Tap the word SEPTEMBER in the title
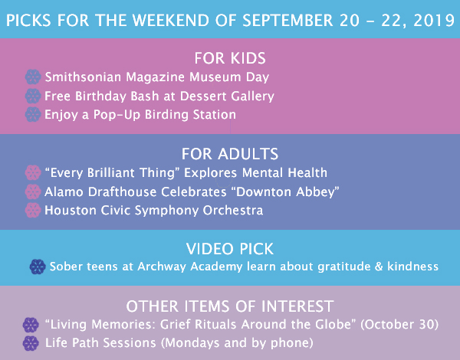[x=287, y=21]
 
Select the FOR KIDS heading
[x=230, y=58]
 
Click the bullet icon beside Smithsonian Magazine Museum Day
[x=33, y=77]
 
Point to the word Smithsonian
[x=83, y=77]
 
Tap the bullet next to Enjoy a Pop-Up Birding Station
[x=33, y=114]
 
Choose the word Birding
[x=166, y=115]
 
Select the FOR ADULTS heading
[x=230, y=154]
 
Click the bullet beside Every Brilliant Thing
[x=33, y=172]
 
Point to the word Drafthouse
[x=122, y=191]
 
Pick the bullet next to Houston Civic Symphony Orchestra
[x=33, y=210]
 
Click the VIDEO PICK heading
[x=230, y=249]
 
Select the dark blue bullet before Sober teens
[x=38, y=267]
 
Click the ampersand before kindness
[x=379, y=267]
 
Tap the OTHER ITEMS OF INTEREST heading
[x=230, y=306]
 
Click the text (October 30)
[x=399, y=325]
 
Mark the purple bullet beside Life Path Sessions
[x=31, y=343]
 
